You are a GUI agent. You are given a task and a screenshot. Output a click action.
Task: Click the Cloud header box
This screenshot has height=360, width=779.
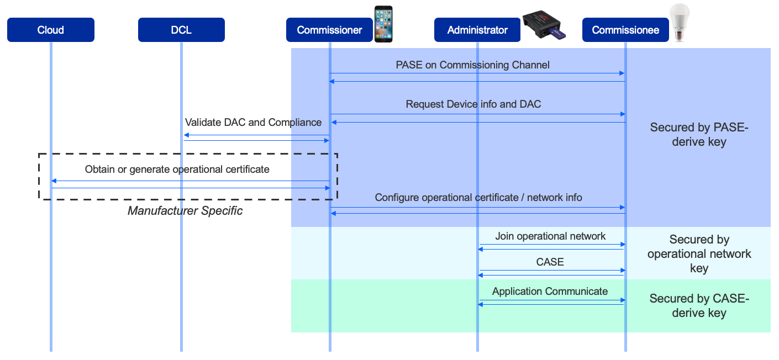click(x=50, y=30)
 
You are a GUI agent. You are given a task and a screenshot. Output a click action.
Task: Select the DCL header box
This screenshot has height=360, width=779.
click(x=181, y=30)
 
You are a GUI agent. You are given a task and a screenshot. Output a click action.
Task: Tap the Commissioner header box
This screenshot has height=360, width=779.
click(x=329, y=30)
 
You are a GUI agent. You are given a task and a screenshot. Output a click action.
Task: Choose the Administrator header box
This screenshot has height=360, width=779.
click(x=477, y=30)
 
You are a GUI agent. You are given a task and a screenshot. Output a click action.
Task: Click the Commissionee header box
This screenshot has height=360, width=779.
click(x=625, y=30)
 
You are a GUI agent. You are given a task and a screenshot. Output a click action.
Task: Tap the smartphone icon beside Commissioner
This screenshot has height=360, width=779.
click(x=383, y=24)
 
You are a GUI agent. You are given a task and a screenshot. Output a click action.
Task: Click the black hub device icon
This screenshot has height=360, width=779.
click(x=541, y=25)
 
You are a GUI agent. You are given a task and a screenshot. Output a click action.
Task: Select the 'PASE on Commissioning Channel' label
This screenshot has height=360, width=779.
click(x=472, y=65)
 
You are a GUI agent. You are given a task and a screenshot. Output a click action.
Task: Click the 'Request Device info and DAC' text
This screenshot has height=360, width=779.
click(x=473, y=104)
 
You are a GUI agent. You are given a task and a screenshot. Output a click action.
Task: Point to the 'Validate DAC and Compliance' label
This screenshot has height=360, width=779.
click(x=253, y=122)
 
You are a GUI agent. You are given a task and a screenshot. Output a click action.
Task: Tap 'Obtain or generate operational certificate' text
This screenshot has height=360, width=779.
click(x=177, y=170)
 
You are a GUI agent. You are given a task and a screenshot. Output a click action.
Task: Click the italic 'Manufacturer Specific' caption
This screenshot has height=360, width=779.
click(x=185, y=211)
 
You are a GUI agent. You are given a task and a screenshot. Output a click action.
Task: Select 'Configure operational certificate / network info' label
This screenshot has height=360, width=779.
click(x=478, y=197)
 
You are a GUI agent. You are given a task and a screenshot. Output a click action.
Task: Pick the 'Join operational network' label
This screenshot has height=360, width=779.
click(x=550, y=236)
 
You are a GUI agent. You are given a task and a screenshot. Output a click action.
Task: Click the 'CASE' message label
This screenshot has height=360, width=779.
click(x=550, y=262)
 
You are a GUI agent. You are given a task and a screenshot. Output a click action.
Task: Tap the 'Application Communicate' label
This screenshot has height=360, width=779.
click(x=550, y=291)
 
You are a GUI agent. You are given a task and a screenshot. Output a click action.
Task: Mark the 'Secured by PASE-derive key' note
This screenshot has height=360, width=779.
click(x=699, y=134)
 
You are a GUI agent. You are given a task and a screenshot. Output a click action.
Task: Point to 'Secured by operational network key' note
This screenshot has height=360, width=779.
click(x=699, y=254)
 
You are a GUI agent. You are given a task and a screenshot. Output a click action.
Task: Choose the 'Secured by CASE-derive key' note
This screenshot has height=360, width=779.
click(x=699, y=306)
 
